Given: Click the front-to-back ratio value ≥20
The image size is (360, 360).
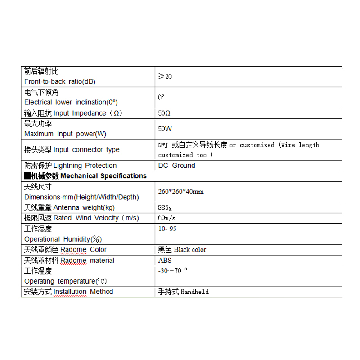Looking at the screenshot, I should pos(165,76).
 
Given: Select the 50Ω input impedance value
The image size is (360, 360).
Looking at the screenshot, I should pos(165,113).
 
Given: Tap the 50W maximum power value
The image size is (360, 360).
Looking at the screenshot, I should pos(165,129).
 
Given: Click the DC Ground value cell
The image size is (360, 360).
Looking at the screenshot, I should pos(177,166).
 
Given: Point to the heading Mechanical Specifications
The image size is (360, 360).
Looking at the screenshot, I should pos(103,176).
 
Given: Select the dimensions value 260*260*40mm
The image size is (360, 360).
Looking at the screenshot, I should pos(181,192).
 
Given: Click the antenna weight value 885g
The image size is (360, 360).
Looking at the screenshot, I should pos(165,208).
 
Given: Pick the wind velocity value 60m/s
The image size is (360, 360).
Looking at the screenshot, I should pos(166,218).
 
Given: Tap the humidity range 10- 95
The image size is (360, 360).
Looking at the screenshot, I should pos(168,229).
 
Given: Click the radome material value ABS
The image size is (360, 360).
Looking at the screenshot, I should pos(165,260).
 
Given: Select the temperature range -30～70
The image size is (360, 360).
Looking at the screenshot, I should pos(173,271).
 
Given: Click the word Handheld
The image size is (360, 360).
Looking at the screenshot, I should pos(195,292).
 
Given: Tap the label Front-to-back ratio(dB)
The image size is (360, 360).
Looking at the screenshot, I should pos(60,81).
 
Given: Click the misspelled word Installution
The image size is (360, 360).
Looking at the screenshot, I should pos(70,292).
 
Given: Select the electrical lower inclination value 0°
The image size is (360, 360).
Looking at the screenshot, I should pos(161,97).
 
